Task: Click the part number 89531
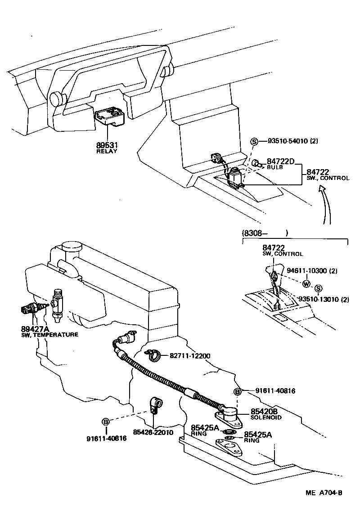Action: coord(107,145)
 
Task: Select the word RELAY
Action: coord(107,151)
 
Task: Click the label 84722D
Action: coord(280,161)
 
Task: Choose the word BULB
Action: coord(274,167)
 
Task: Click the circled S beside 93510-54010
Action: coord(254,141)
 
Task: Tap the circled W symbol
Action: coord(306,284)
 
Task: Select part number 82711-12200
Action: coord(190,355)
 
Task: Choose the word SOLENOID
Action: coord(265,417)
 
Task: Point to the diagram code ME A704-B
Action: coord(324,493)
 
